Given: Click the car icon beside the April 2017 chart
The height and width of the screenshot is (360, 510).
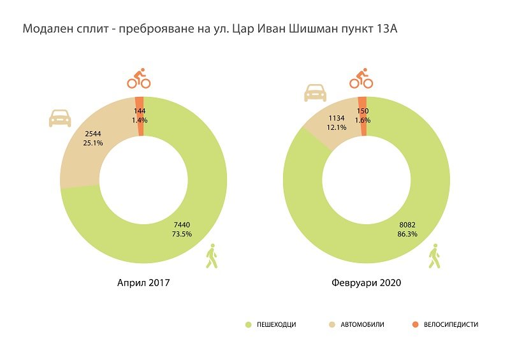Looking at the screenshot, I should (60, 118).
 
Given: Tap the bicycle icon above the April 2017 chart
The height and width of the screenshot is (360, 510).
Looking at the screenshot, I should (139, 78).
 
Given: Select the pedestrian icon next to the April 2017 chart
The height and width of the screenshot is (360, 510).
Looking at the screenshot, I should (212, 257).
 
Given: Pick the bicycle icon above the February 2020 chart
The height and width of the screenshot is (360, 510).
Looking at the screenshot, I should (361, 79).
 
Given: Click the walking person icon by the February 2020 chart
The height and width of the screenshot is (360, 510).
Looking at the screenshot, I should (435, 257).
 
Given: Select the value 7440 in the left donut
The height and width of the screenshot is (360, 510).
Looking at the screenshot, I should (181, 224).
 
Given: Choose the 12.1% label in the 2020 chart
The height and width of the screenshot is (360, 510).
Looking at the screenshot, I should (337, 127).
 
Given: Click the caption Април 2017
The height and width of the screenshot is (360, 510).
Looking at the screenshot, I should (143, 282).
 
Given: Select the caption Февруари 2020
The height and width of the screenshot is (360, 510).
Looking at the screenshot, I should (367, 282).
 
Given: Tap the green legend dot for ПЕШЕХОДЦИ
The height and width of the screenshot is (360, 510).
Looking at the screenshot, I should (249, 325).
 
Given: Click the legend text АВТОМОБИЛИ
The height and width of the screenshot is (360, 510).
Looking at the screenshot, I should (363, 325).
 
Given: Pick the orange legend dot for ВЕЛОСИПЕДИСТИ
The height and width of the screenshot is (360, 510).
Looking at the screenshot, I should (415, 325).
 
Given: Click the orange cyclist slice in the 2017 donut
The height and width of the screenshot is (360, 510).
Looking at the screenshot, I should (140, 101).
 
